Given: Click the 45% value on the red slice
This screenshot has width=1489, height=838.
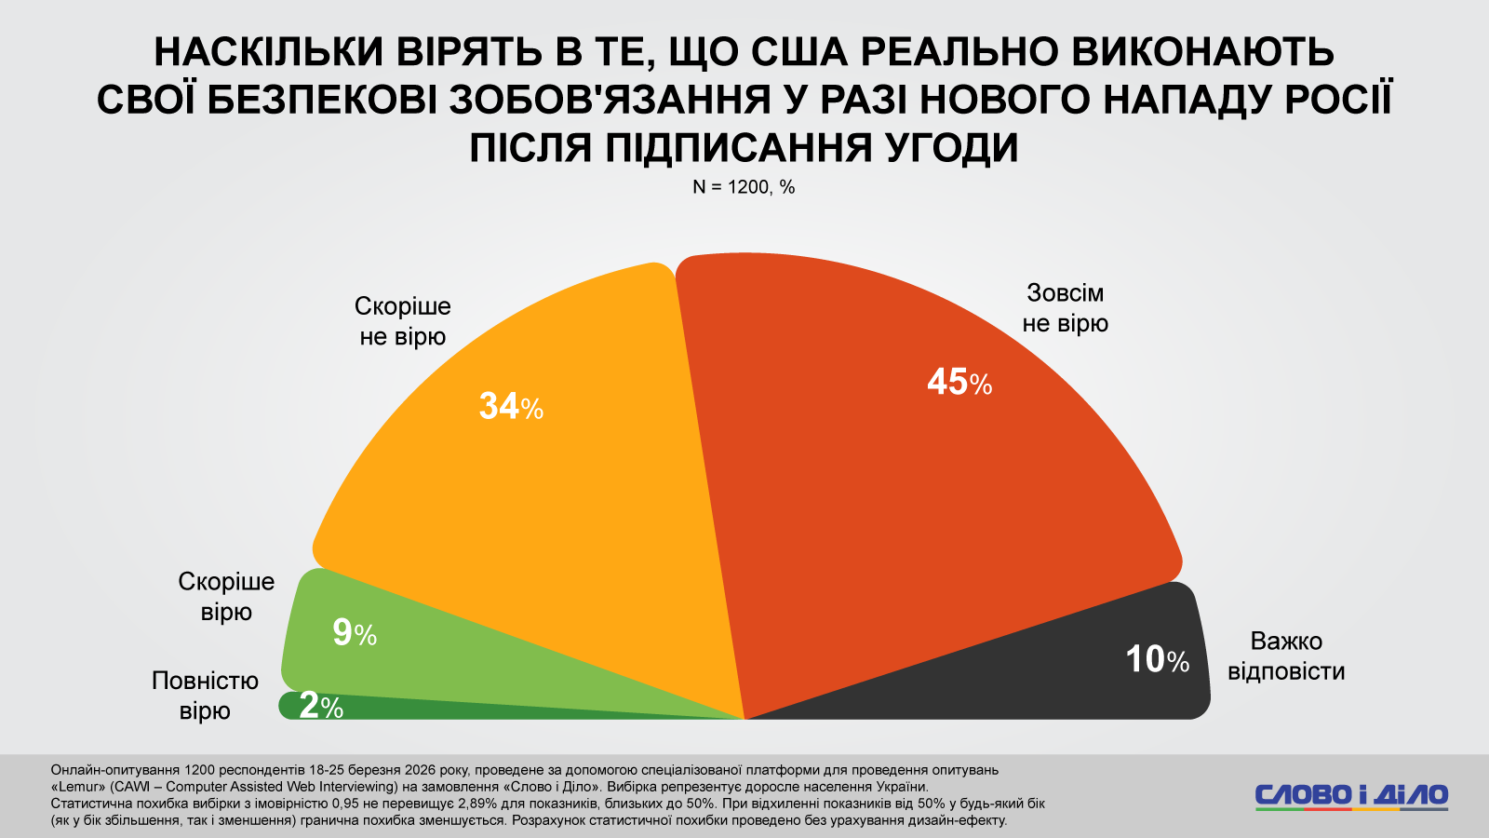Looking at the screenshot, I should click(959, 383).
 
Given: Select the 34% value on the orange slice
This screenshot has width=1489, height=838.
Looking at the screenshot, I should click(511, 407).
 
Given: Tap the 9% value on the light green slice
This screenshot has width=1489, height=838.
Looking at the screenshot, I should click(355, 634).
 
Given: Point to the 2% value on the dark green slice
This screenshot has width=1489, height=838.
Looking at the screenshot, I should click(321, 707).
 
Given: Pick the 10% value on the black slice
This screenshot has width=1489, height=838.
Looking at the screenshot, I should click(1157, 660).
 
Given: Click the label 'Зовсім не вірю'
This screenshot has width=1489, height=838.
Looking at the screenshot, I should click(1066, 308).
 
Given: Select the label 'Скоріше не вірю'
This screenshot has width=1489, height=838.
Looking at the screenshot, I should click(403, 321).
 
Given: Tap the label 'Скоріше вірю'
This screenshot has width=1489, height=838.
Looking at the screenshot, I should click(226, 597).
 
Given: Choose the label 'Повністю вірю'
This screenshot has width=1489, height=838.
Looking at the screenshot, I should click(205, 696).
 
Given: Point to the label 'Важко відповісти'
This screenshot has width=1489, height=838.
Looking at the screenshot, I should click(1286, 656).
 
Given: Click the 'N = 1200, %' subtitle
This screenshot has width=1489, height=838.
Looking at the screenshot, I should click(744, 187).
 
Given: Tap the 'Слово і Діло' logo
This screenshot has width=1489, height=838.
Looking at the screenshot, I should click(1351, 796).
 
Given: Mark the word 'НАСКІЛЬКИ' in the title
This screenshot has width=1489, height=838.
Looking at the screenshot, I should click(269, 52).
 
